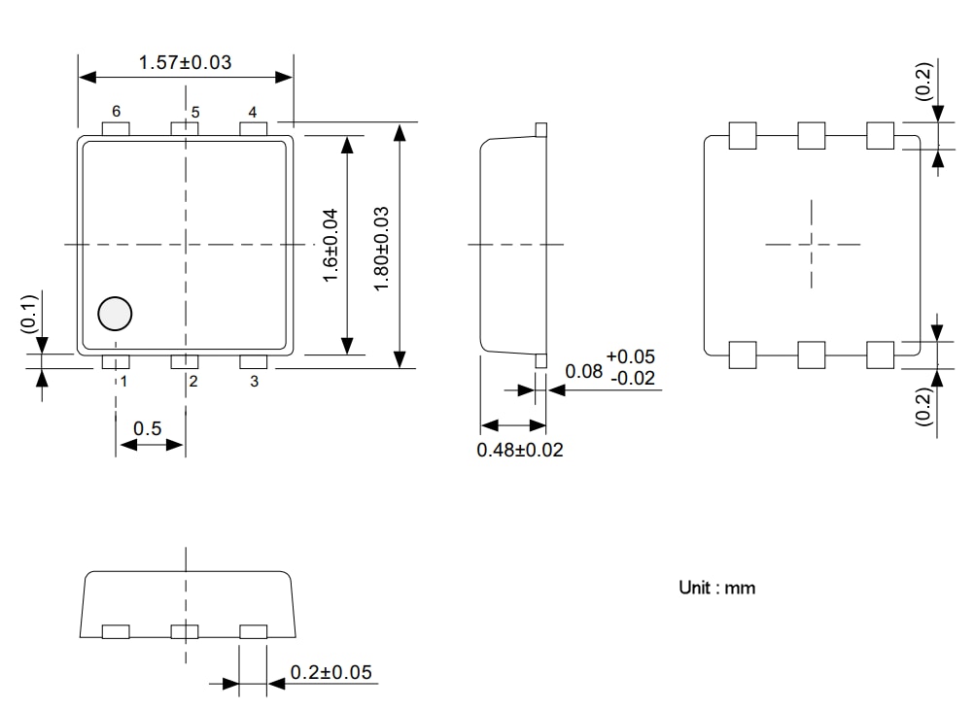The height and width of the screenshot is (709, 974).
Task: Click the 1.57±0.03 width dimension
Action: (x=185, y=63)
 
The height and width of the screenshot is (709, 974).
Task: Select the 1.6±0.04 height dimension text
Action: (x=330, y=246)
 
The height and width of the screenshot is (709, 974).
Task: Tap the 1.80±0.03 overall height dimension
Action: (x=381, y=246)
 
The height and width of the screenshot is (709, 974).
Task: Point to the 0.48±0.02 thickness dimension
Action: (x=519, y=450)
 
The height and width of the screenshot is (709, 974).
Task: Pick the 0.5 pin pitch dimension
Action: (x=148, y=428)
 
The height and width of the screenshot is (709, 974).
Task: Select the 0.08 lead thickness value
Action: (x=583, y=371)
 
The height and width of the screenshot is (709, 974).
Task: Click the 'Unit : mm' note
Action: (x=716, y=588)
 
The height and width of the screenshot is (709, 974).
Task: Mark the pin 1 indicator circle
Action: (x=115, y=314)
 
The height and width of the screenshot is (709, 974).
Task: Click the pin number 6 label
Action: (x=116, y=112)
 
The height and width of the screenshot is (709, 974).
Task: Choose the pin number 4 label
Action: (x=253, y=112)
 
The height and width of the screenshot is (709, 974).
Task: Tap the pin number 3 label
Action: (x=254, y=382)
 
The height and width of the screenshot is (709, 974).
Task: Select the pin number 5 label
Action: (x=194, y=112)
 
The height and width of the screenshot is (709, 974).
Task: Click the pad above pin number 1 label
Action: (x=116, y=362)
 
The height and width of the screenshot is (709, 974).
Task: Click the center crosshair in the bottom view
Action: (x=813, y=244)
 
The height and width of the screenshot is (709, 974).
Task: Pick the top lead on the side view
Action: (x=541, y=128)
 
